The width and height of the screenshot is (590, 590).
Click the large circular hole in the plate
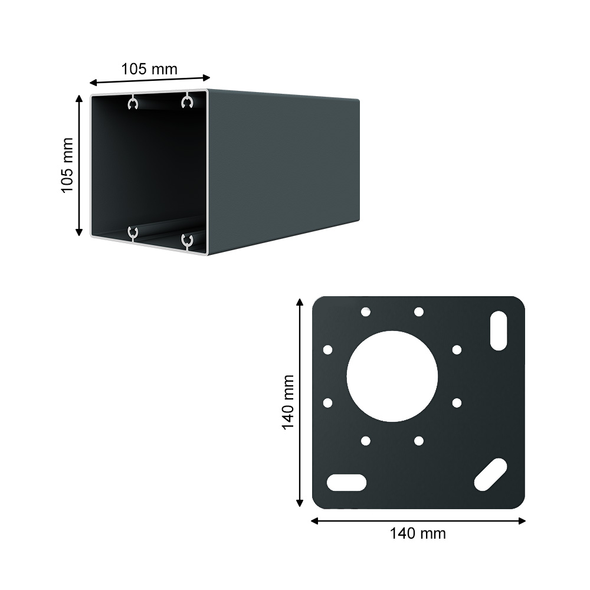click(392, 376)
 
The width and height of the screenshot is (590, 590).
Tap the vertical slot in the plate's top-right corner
click(499, 331)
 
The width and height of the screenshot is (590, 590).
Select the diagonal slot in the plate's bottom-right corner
click(491, 474)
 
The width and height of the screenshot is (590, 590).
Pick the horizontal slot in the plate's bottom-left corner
click(346, 483)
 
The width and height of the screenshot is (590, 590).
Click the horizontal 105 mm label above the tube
click(149, 69)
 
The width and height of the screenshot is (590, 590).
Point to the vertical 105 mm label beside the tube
click(67, 165)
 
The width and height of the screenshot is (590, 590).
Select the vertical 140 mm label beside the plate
click(288, 402)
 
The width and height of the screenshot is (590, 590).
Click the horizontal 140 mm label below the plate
click(418, 533)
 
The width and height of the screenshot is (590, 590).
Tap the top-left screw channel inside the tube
click(132, 103)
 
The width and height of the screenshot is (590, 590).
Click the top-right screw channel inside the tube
click(187, 101)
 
